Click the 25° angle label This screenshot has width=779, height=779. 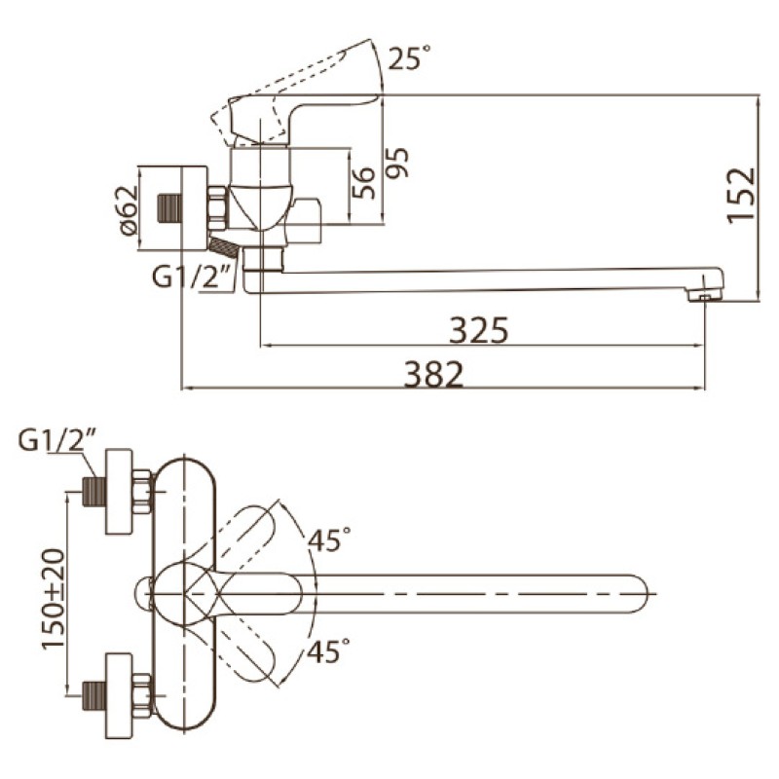[x=408, y=57]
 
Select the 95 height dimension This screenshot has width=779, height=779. [x=397, y=163]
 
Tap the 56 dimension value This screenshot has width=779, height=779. [x=363, y=183]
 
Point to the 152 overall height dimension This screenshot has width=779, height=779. [x=741, y=196]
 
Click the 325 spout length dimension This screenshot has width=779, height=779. [x=479, y=330]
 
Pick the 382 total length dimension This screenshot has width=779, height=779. [x=433, y=374]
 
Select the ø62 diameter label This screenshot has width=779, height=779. [x=128, y=210]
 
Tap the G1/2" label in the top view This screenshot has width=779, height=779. [x=56, y=440]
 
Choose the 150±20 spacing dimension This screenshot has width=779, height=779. [x=54, y=599]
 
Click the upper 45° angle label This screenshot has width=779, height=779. [x=329, y=539]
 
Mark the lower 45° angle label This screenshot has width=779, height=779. [x=328, y=650]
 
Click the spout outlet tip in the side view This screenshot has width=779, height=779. [x=705, y=296]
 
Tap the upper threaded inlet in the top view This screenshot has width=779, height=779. [x=93, y=493]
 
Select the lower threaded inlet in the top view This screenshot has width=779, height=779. [x=93, y=696]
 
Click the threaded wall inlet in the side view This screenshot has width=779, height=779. [x=168, y=208]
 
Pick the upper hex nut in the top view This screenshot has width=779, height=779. [x=141, y=492]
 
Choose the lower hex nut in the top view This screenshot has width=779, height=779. [x=141, y=696]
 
